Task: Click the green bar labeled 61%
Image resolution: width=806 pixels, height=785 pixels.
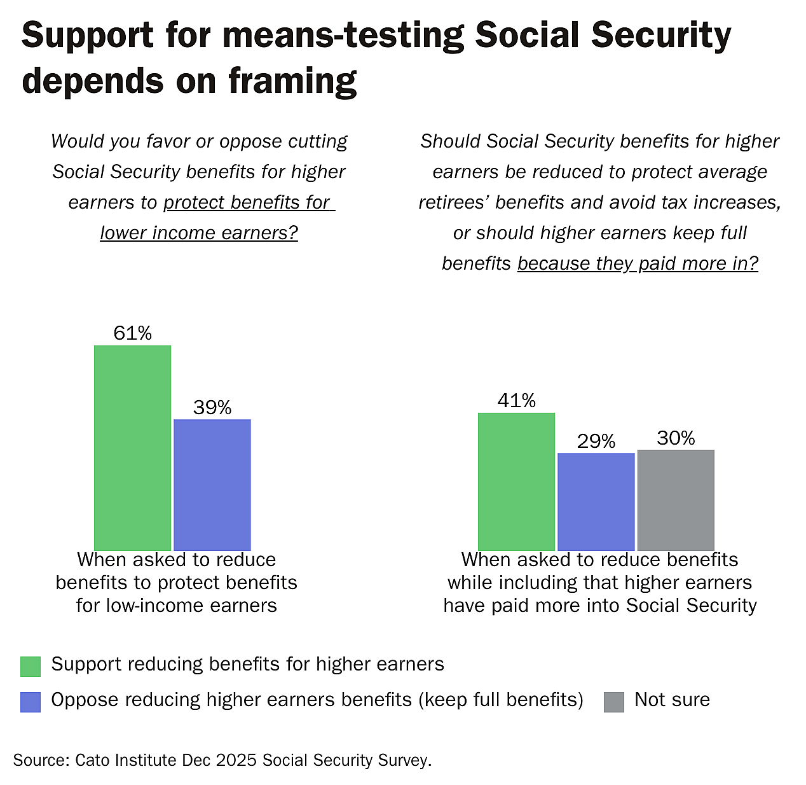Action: click(132, 447)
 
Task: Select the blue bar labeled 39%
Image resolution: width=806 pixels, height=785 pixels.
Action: click(212, 484)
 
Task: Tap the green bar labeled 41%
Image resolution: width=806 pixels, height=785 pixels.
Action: click(516, 481)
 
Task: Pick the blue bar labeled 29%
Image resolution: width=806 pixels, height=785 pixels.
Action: click(596, 501)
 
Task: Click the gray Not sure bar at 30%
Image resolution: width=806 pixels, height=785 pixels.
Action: click(676, 499)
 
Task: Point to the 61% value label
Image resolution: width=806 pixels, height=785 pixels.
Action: click(133, 333)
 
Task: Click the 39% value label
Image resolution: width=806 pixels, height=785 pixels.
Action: click(212, 408)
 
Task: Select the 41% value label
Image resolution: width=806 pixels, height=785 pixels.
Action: click(517, 401)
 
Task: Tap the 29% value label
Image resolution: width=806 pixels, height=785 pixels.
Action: click(596, 441)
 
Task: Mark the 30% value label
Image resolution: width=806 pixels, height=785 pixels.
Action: click(676, 438)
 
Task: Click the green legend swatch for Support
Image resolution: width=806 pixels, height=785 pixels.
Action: click(31, 666)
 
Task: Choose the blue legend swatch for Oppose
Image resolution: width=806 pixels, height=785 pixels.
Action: click(31, 702)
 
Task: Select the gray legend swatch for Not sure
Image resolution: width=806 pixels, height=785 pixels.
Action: click(614, 702)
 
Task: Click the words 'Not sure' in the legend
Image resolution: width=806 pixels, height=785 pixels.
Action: click(672, 700)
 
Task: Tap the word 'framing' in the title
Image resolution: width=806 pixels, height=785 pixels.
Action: click(292, 81)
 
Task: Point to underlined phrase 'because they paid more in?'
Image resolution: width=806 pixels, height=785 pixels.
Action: click(638, 263)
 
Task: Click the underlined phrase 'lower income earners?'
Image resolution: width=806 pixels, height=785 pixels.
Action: click(199, 233)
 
